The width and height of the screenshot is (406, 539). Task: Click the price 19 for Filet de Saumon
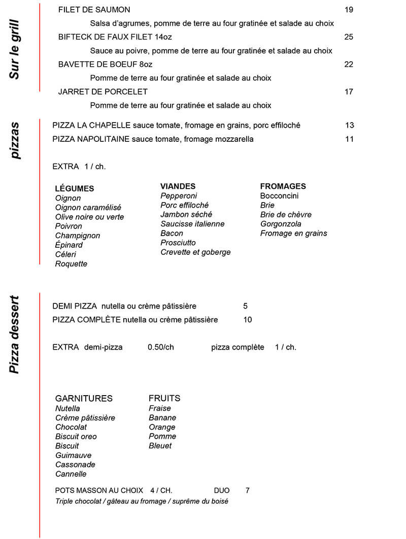pos(349,10)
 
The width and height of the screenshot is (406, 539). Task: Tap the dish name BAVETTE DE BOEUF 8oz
pos(105,64)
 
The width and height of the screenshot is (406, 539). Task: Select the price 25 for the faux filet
pos(349,37)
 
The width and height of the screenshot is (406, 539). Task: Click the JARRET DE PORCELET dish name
pos(103,92)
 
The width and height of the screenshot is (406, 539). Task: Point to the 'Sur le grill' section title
pos(15,50)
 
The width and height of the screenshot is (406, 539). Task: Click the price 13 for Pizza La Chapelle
pos(349,125)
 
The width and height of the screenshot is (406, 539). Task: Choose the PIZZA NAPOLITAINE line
pos(153,139)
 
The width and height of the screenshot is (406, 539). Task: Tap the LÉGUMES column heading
pos(74,188)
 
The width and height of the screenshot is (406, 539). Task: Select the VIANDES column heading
pos(178,186)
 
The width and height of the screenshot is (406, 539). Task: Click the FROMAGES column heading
pos(283,186)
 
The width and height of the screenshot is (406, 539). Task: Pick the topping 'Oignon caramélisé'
pos(88,208)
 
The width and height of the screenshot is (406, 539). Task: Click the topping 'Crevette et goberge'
pos(195,252)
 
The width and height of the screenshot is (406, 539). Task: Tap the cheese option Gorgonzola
pos(281,224)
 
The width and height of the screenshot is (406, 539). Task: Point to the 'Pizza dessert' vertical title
pos(15,334)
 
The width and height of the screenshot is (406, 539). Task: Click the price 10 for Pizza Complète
pos(248,320)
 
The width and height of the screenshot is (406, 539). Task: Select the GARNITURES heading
pos(84,398)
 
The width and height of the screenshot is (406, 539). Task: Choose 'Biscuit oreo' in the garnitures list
pos(76,437)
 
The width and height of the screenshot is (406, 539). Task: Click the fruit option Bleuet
pos(160,446)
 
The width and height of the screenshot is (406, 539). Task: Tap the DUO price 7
pos(247,490)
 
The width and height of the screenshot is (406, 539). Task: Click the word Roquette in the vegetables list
pos(71,264)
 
